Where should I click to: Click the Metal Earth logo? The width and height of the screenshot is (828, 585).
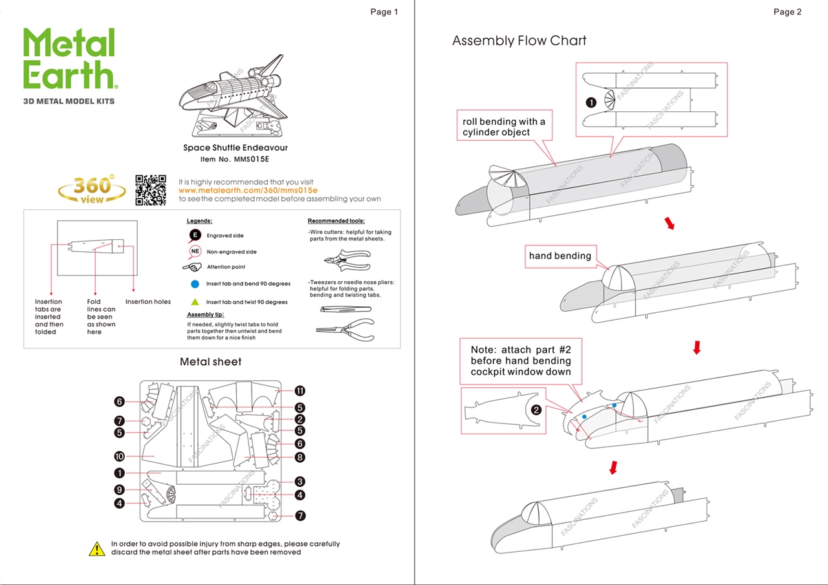[x=70, y=59]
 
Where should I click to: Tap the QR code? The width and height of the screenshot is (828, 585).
[x=150, y=190]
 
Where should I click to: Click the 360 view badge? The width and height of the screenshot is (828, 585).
[x=92, y=190]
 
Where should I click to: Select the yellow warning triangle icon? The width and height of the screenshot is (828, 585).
[x=96, y=549]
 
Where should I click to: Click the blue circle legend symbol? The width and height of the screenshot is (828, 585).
[x=195, y=284]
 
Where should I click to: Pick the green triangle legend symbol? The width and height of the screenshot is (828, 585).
[x=195, y=302]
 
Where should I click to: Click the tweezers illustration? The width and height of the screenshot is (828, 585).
[x=345, y=309]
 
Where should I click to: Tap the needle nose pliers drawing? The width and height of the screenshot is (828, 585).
[x=345, y=329]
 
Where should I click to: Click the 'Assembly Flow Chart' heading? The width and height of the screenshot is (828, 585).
[x=519, y=41]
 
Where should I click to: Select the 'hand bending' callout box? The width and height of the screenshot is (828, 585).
[x=560, y=256]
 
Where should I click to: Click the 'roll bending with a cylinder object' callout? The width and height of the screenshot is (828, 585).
[x=504, y=127]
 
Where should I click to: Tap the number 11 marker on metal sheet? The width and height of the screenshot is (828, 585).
[x=300, y=391]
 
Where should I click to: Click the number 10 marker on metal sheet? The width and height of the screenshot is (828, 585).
[x=120, y=456]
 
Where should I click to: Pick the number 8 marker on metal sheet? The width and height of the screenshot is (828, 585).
[x=300, y=458]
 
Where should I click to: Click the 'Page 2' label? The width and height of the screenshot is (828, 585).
[x=787, y=12]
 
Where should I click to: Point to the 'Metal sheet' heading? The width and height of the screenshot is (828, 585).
[x=210, y=362]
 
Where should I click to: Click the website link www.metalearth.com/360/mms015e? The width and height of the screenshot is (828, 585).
[x=248, y=191]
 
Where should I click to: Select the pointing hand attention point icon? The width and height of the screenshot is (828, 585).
[x=193, y=267]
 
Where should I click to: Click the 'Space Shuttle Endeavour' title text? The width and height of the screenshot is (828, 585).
[x=235, y=148]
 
